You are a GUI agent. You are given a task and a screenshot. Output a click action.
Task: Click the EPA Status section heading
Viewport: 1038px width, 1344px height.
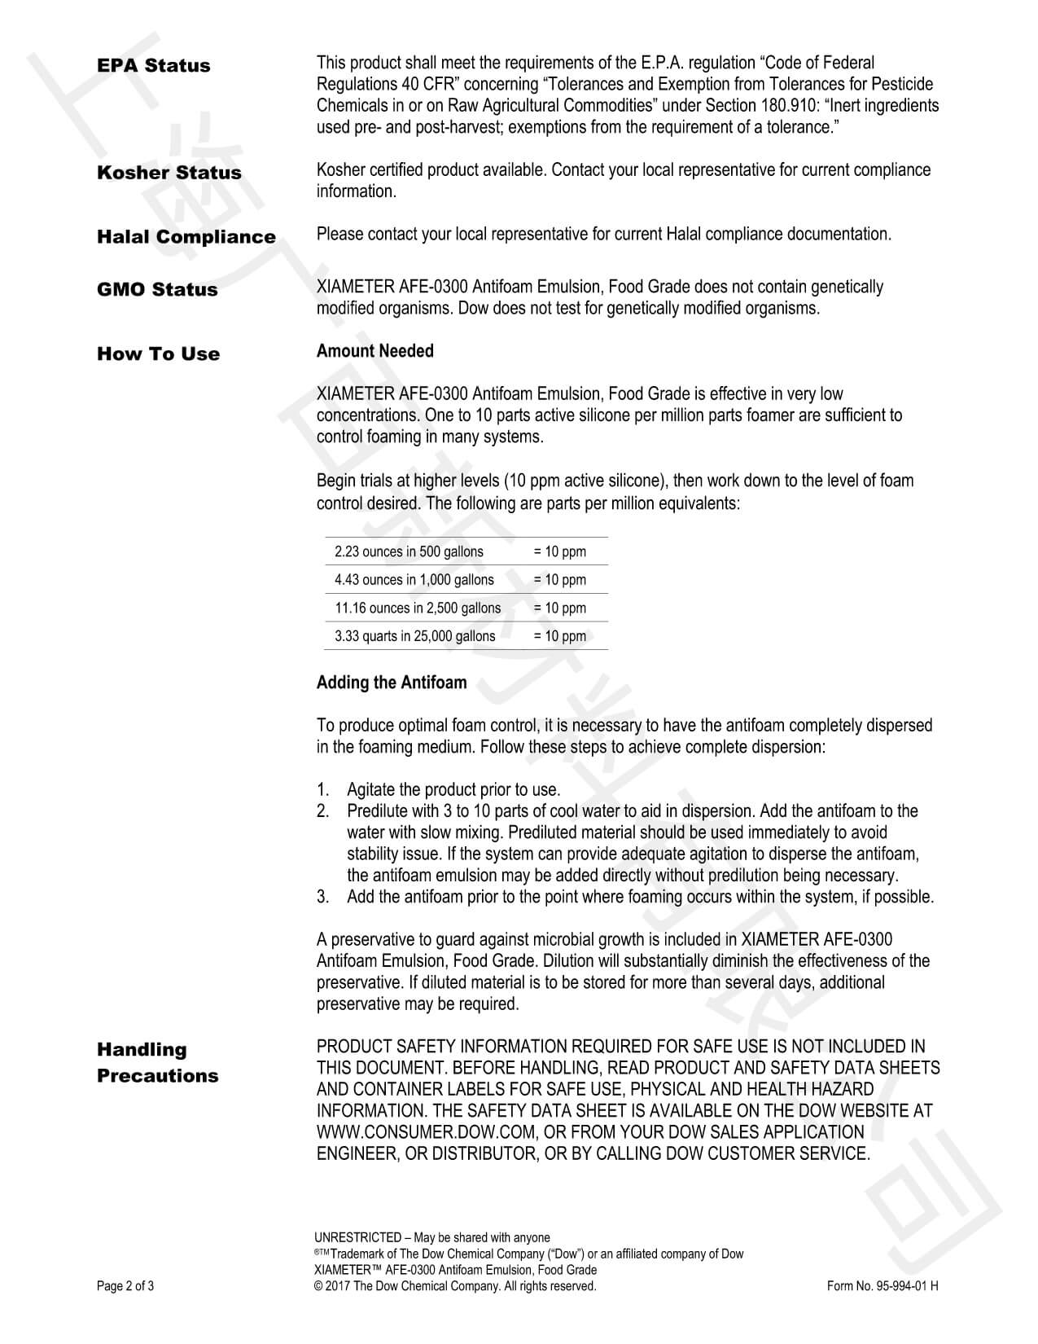153,66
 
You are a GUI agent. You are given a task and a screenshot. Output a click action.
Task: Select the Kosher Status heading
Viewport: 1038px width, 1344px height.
169,173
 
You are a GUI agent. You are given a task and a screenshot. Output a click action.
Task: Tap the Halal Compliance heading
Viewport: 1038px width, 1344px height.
186,237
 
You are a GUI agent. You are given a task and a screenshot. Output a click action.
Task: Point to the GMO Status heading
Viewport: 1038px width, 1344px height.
157,290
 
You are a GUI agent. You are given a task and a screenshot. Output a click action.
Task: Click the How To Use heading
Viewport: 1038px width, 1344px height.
158,354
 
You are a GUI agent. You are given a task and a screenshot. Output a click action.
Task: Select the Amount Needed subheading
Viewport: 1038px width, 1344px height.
374,351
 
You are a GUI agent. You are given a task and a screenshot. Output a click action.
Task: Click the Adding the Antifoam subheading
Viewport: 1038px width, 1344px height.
392,683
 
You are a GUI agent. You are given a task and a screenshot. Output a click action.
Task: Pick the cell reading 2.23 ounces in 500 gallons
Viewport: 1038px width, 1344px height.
409,551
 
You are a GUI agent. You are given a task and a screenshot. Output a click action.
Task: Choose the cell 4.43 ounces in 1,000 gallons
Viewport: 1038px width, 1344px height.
414,580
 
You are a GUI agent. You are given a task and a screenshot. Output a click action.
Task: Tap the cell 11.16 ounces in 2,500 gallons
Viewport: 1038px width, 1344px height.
418,608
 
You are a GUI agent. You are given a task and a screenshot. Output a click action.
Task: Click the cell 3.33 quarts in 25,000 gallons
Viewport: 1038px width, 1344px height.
414,636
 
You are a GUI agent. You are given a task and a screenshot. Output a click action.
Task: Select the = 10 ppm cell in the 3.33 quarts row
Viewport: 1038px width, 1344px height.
559,636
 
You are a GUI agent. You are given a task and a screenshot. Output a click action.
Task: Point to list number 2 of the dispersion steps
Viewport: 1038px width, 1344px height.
323,811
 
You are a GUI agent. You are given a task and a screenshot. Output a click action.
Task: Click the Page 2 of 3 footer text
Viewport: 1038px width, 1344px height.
125,1286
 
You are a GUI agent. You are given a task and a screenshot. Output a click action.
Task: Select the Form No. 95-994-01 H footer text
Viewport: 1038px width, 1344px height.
882,1286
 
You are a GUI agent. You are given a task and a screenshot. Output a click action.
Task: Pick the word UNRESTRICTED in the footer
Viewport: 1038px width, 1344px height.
357,1237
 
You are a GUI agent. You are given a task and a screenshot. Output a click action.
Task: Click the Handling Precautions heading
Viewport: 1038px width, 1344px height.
157,1062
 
